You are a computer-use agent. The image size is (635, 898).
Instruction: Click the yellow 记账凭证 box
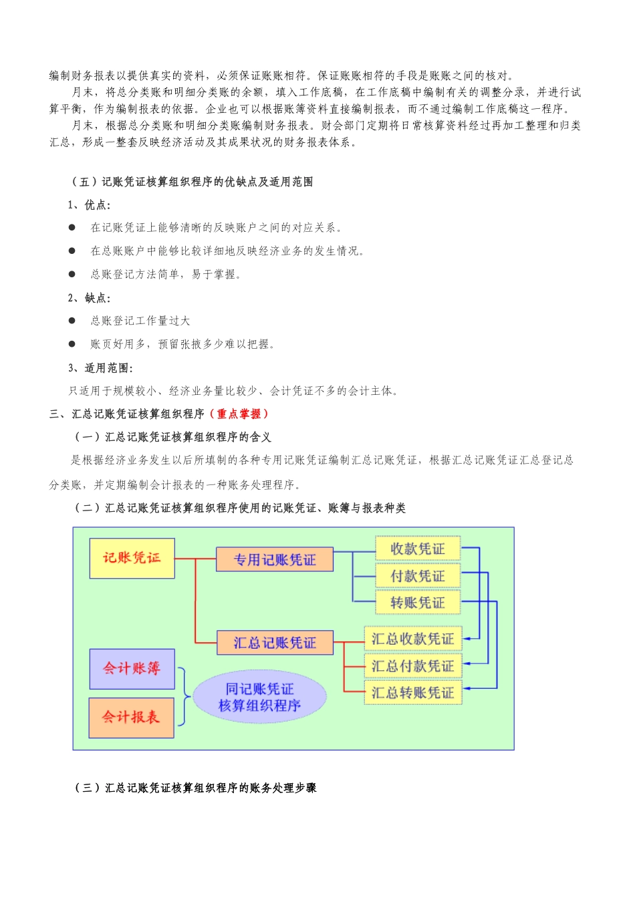132,558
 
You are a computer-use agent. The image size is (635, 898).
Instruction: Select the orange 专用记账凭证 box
274,559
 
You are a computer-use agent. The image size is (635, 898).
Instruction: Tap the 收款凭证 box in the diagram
418,549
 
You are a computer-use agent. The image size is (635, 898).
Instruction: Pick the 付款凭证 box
418,575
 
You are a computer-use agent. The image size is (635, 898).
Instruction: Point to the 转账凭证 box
418,602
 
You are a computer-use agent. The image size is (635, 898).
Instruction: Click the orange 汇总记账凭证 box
274,643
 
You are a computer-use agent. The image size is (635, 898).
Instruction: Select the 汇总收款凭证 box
412,639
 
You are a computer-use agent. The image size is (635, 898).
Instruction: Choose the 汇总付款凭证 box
412,665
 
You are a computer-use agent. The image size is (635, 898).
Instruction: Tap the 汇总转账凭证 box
412,692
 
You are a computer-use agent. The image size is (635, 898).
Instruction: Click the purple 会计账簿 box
132,669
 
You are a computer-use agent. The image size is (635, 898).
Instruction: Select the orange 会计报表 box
131,718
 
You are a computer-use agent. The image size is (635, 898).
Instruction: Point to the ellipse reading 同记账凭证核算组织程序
259,697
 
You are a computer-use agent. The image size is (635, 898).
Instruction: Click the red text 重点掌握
239,414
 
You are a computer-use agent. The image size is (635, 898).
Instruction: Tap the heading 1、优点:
90,205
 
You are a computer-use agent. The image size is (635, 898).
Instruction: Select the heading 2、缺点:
90,298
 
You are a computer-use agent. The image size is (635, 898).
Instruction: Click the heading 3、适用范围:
101,368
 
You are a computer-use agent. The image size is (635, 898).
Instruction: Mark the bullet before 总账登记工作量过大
72,321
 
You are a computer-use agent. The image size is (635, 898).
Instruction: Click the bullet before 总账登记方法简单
72,274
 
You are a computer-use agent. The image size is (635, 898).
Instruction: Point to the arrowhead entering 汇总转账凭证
466,688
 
